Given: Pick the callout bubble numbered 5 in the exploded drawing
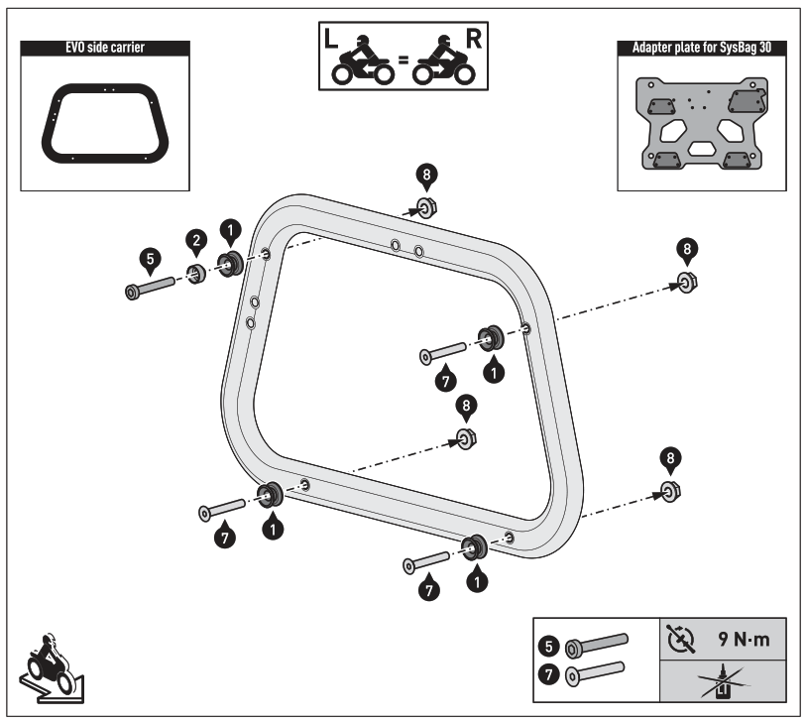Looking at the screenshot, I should [149, 260].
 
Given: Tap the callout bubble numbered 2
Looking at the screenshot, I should [198, 241].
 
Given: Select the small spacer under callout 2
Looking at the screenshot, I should [197, 274].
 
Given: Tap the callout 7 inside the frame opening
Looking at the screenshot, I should [447, 379].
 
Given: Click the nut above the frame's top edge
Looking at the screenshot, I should [425, 207].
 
